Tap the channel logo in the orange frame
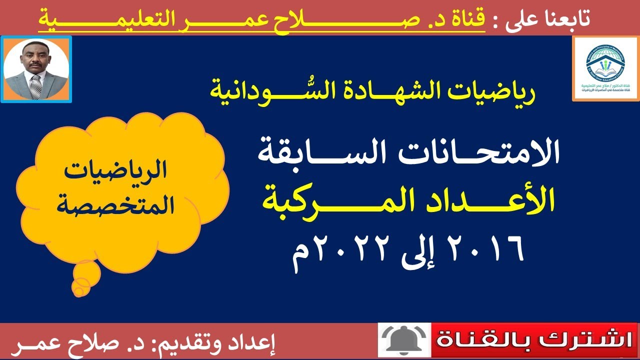pos(604,69)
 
